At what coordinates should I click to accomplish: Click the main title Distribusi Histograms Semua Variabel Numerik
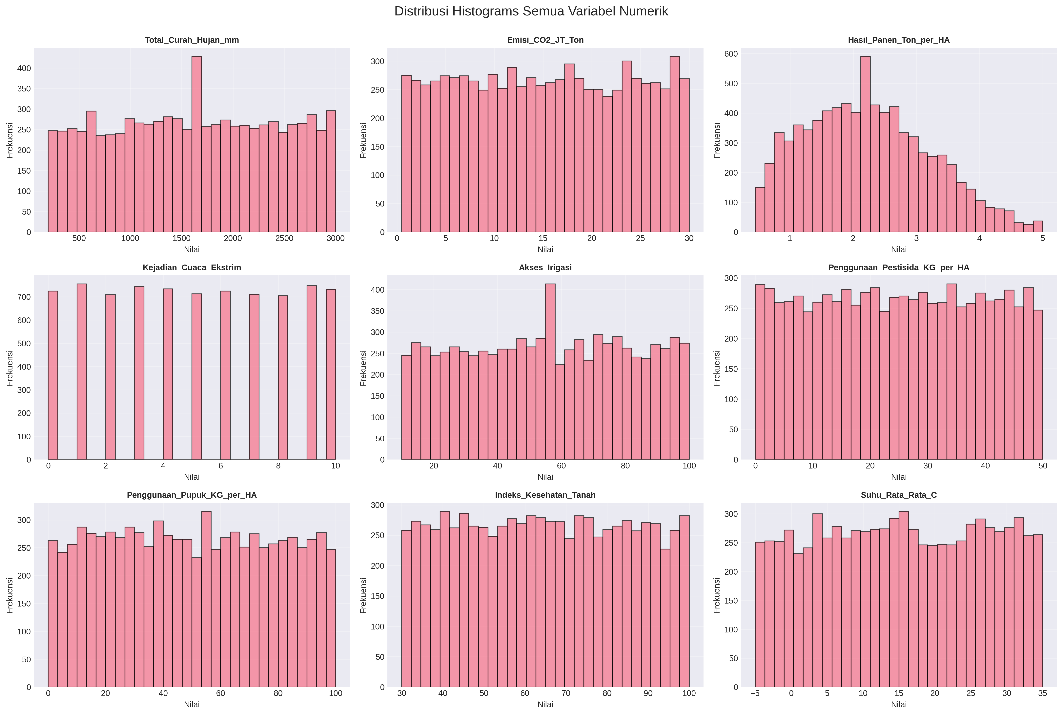coord(531,11)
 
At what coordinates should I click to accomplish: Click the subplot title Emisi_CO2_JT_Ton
coord(545,40)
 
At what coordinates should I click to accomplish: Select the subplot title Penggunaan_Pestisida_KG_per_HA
coord(898,268)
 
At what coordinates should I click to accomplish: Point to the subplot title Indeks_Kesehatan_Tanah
coord(545,495)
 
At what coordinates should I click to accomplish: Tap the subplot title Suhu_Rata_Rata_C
coord(898,495)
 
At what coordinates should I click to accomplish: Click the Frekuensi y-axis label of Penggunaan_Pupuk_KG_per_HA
coord(10,596)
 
